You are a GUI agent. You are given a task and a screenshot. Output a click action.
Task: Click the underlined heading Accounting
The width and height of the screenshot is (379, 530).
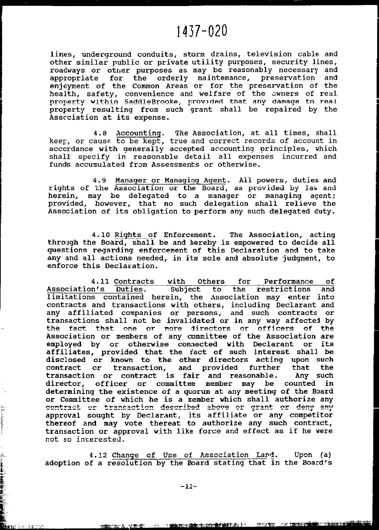(139, 133)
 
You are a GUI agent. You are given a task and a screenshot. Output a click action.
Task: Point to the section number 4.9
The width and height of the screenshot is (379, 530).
(99, 180)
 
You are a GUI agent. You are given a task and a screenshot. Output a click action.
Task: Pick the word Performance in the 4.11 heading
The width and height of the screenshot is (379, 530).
(288, 282)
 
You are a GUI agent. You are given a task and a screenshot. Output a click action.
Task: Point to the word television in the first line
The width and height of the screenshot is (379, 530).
(269, 54)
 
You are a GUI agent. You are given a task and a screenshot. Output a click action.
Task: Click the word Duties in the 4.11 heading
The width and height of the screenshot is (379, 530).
(129, 289)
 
